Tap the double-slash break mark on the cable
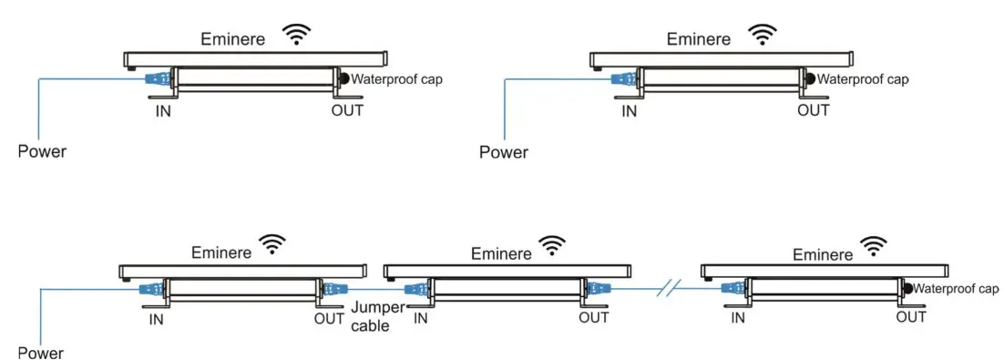coord(669,290)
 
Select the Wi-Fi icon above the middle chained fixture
coord(551,244)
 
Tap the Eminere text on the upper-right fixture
coord(699,39)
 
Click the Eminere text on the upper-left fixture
coord(234,39)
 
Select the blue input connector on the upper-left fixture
coord(158,79)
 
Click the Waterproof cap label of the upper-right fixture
coord(862,79)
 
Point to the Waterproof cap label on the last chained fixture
coord(956,289)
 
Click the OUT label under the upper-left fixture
coord(347,110)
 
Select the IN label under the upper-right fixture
coord(629,110)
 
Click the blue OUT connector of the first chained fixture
coord(329,290)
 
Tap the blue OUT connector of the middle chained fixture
coord(597,290)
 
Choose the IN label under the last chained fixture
coord(738,317)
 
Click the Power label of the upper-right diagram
coord(503,152)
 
